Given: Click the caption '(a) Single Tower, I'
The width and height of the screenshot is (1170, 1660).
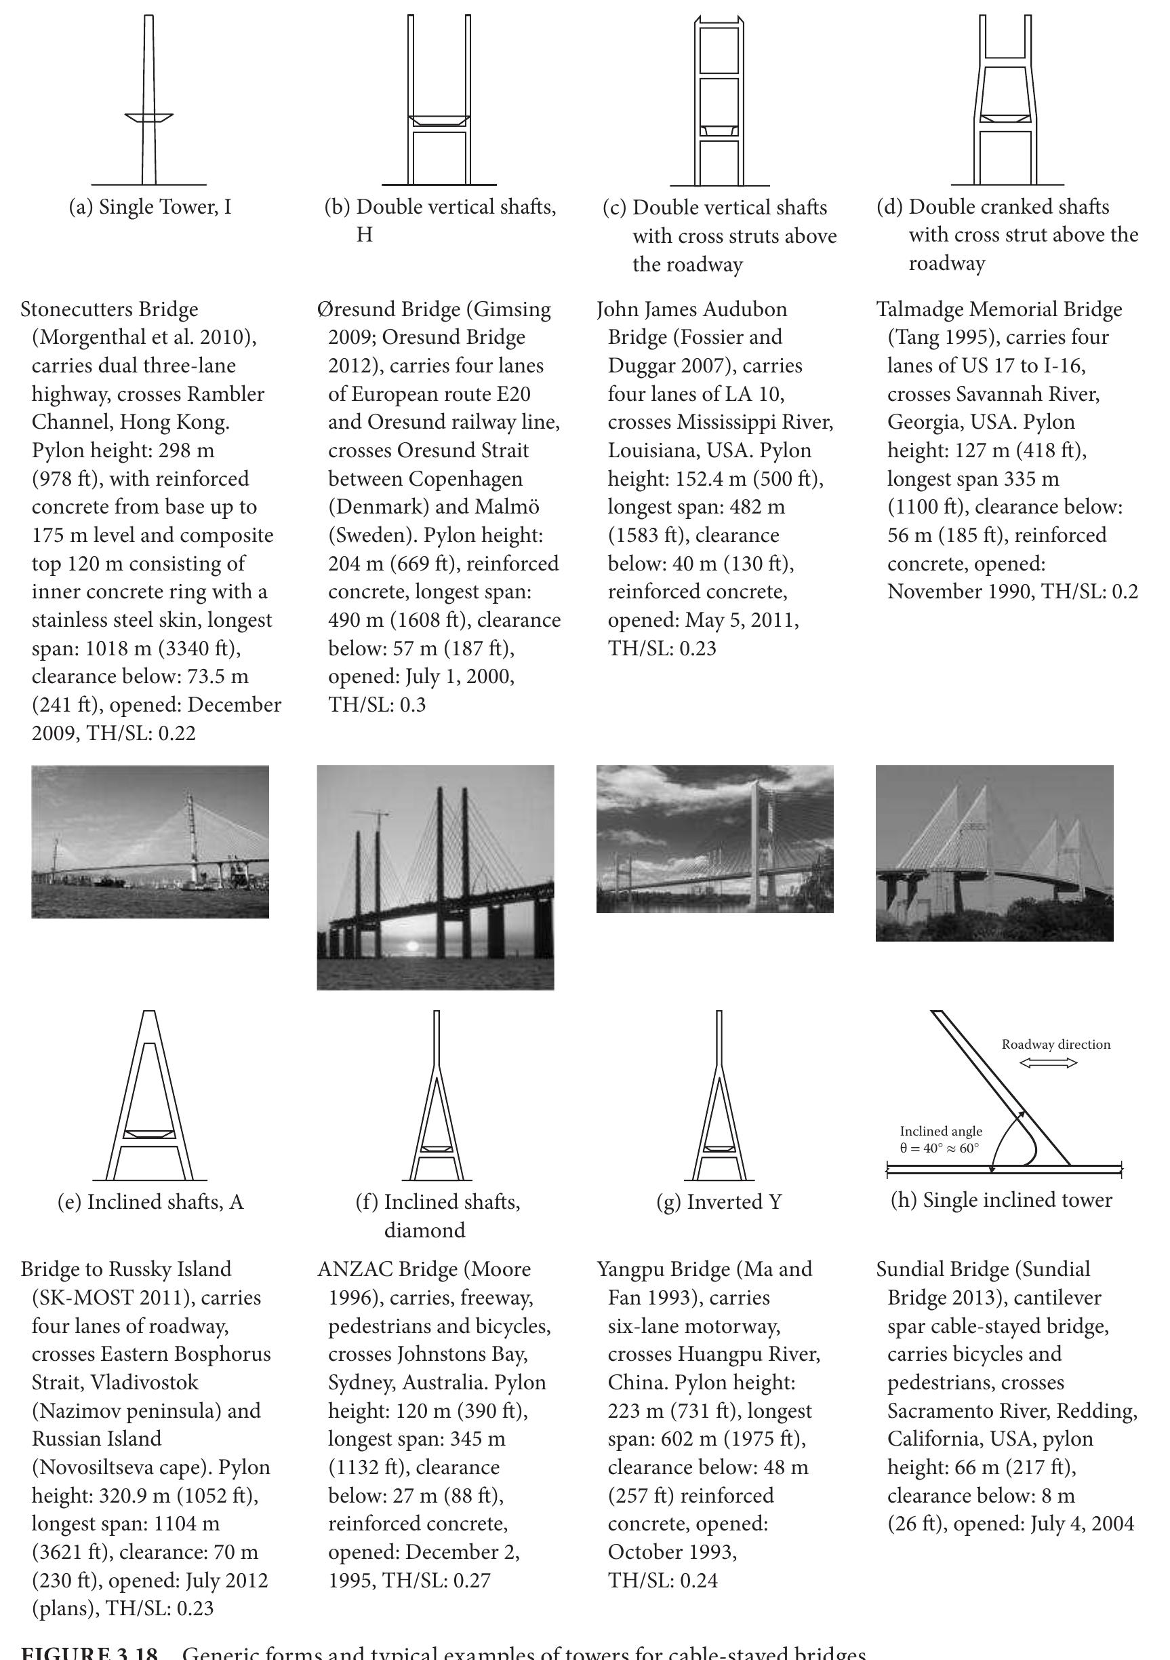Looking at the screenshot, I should [x=150, y=208].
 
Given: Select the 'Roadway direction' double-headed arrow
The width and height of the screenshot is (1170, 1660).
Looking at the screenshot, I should [x=1048, y=1062].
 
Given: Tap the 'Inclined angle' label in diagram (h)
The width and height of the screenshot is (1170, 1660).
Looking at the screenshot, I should [x=940, y=1132].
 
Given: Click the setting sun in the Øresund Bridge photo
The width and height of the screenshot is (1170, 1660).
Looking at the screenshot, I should [x=413, y=946].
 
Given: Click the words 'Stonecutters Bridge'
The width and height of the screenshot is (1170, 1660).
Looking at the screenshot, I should [x=109, y=309].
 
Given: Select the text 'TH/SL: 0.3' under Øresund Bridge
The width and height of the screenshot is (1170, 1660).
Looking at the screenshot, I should [x=376, y=705].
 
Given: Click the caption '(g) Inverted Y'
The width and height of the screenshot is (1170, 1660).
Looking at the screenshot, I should [x=719, y=1202].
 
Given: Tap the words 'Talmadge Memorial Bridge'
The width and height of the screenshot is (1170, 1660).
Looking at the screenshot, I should [x=999, y=309].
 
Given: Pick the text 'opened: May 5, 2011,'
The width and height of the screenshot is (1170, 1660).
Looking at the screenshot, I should [x=702, y=620].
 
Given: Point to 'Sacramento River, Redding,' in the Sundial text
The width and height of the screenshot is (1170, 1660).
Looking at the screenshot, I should [x=1012, y=1410].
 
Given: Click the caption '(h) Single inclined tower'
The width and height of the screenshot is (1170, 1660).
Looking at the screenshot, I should [x=1001, y=1201].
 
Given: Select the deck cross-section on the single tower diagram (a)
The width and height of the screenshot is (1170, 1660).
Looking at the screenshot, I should [x=149, y=117].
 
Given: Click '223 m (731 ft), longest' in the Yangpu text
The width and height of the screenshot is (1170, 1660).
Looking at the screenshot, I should [x=709, y=1410].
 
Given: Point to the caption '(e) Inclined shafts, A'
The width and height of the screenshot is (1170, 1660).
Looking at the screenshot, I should [x=150, y=1202].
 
